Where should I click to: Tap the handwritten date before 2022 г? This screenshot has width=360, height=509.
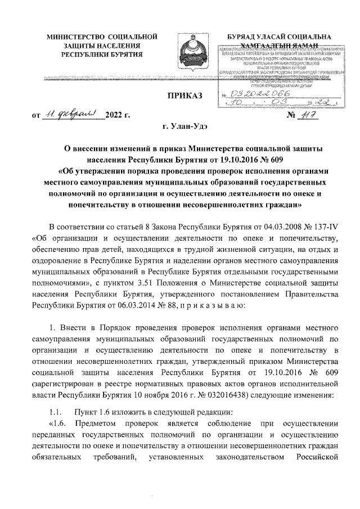pyautogui.click(x=73, y=116)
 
